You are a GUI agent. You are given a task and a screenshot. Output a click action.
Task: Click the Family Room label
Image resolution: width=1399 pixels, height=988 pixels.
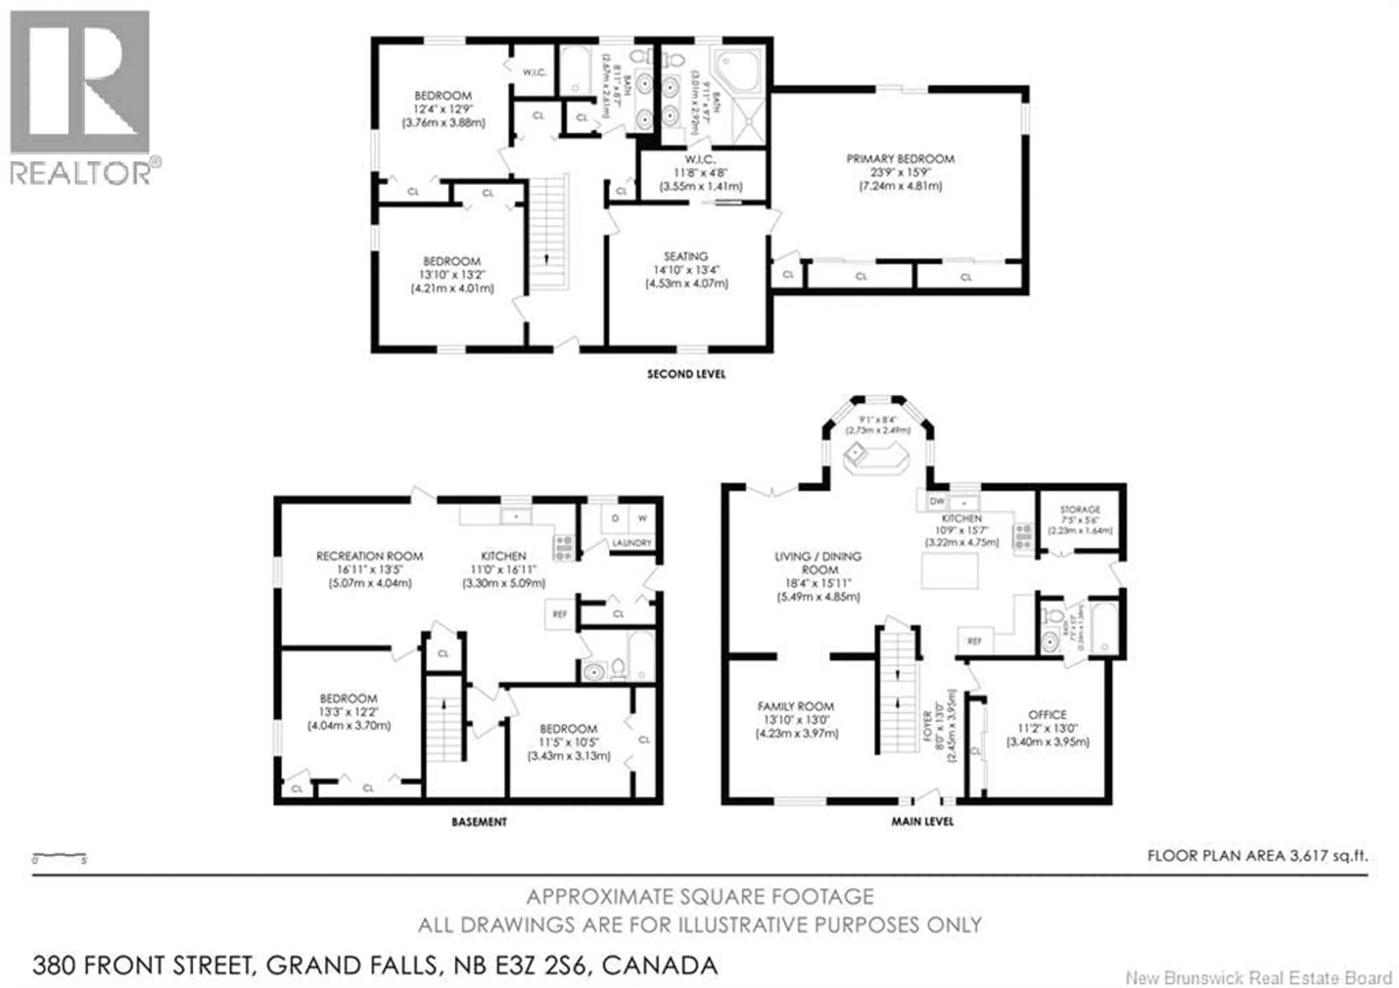click(796, 706)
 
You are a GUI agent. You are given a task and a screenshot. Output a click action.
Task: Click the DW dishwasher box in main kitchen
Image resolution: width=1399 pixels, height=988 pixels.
click(937, 501)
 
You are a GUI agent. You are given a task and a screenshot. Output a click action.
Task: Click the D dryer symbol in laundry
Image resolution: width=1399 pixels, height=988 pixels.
click(615, 519)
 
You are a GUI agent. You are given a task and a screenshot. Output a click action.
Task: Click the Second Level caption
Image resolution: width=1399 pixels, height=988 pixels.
click(686, 374)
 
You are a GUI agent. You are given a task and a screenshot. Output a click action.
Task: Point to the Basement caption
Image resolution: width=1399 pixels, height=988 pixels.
click(479, 822)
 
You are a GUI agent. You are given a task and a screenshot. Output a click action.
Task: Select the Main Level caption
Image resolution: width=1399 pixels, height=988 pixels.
click(922, 821)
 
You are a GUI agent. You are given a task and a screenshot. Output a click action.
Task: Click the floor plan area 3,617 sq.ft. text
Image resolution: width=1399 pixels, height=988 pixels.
click(1258, 856)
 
